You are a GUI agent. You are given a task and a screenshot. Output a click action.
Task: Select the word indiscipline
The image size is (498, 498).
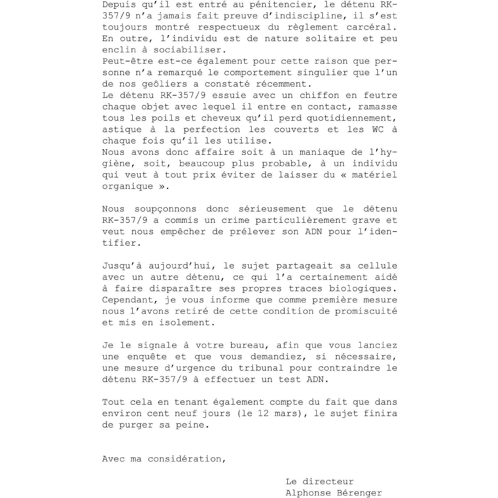point(307,16)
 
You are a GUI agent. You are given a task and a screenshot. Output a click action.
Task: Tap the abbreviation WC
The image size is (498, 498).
point(378,129)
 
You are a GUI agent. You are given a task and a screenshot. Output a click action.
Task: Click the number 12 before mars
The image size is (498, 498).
point(264,413)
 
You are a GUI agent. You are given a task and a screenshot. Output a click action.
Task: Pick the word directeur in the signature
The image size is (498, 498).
point(328,482)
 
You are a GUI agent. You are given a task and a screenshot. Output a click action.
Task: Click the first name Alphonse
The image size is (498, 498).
point(308,493)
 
